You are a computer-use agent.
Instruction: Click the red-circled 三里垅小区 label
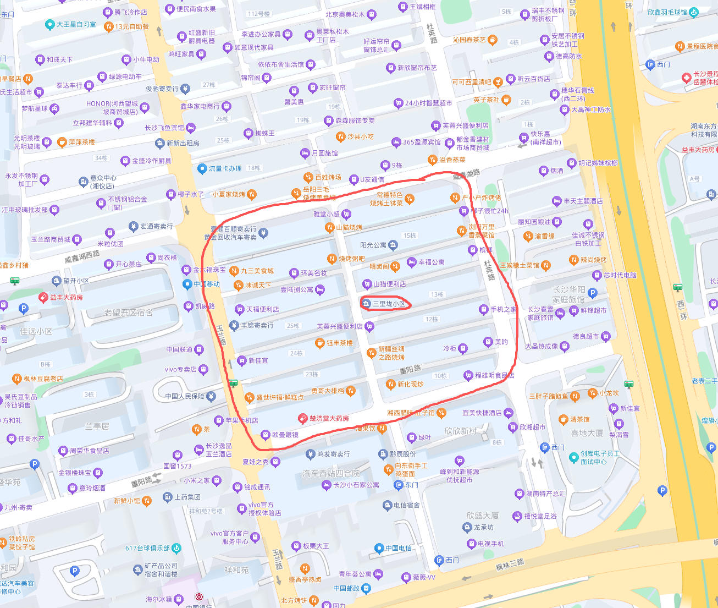point(389,304)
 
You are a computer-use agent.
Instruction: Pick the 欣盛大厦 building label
point(482,516)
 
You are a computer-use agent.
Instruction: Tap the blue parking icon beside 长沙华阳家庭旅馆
point(592,293)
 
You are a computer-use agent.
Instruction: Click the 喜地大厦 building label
point(587,433)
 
